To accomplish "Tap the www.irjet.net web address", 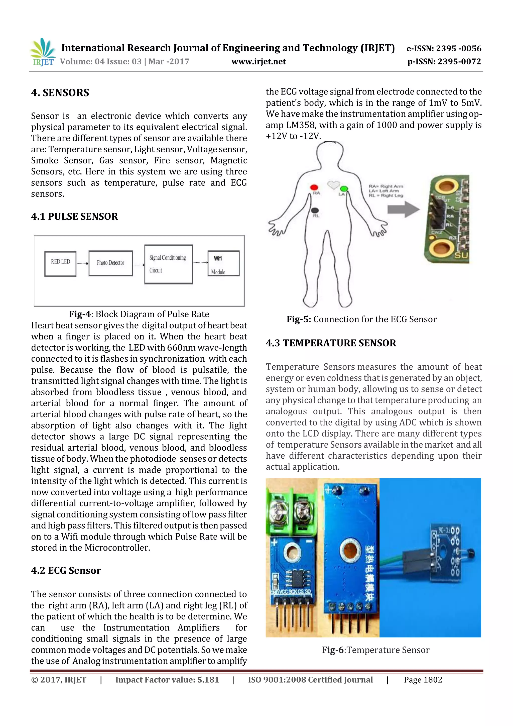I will point(259,62).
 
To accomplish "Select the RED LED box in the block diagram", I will point(60,264).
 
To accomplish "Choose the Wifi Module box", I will point(223,263).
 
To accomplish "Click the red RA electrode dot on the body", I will point(314,187).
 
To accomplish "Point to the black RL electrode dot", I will point(315,210).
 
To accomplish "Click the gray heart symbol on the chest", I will point(333,184).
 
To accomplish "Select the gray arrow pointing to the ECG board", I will point(403,209).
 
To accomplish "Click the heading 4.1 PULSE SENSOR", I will point(75,217).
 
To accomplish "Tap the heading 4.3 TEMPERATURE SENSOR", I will point(331,343).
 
